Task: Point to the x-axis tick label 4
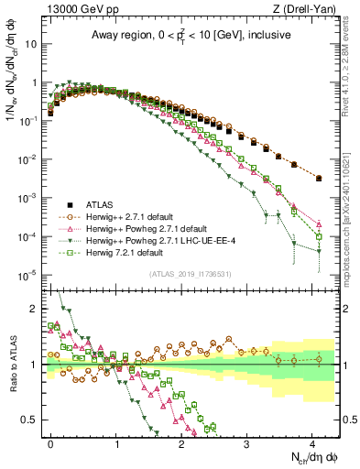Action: (311, 442)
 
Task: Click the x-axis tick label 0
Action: (51, 442)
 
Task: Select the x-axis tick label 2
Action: (181, 442)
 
